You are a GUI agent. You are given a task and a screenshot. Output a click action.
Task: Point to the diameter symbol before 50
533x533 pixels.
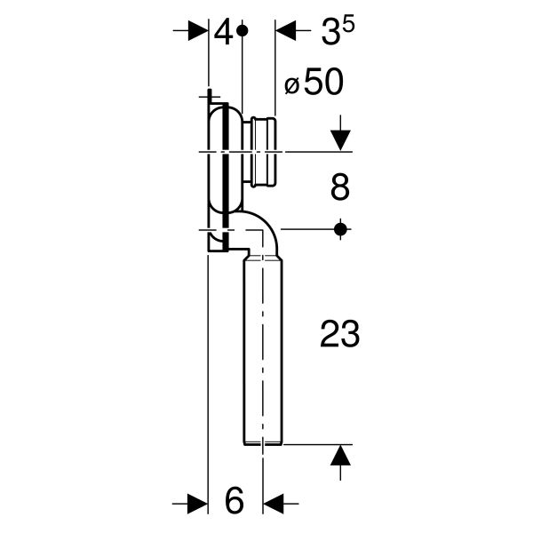[x=291, y=86]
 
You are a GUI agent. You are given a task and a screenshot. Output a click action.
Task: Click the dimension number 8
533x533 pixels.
[x=339, y=187]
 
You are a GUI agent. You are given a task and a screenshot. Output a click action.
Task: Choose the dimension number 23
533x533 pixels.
[x=338, y=335]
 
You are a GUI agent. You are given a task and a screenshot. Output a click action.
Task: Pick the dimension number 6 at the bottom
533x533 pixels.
[x=234, y=502]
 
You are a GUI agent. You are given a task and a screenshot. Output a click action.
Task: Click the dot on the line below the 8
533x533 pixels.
[x=339, y=229]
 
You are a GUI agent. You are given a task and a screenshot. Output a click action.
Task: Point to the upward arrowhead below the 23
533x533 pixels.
[x=339, y=457]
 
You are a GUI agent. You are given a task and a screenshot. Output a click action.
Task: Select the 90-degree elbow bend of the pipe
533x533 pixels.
[x=260, y=235]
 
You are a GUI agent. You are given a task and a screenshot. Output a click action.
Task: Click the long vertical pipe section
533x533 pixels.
[x=262, y=346]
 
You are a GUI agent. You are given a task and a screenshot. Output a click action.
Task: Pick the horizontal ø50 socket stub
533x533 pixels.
[x=262, y=153]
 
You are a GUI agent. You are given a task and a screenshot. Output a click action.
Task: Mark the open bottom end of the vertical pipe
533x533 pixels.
[x=262, y=441]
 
